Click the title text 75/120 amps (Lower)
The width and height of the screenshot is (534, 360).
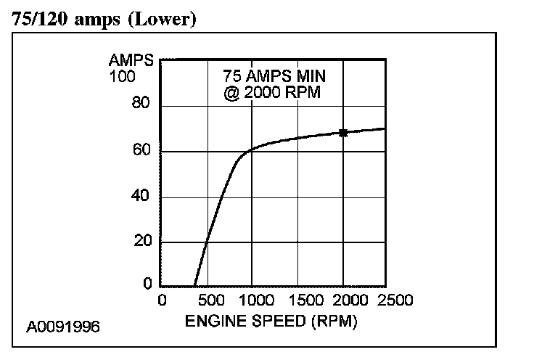coord(104,20)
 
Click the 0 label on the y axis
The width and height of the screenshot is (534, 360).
coord(146,286)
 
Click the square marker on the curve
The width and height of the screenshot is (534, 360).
coord(343,133)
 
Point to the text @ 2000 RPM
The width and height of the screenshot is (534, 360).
coord(272,93)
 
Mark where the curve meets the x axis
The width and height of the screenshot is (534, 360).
coord(194,286)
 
